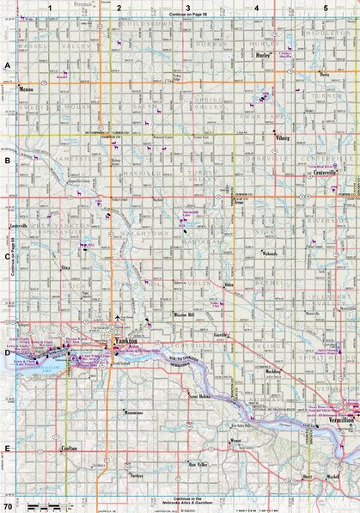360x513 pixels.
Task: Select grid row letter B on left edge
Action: (7, 160)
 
